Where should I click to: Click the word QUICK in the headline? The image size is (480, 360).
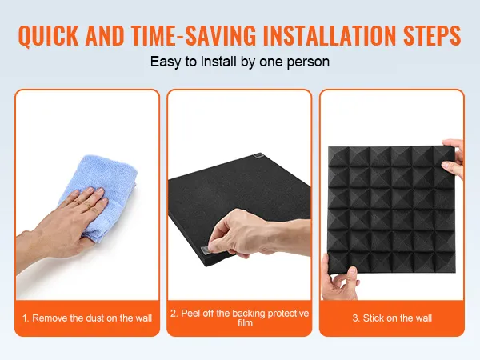click(x=48, y=35)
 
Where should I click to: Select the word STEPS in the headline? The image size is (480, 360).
click(x=432, y=35)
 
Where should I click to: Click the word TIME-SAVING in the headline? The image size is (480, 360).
click(x=193, y=35)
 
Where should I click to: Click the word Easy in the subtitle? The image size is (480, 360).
click(x=166, y=62)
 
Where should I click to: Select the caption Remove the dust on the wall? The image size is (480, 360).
click(x=87, y=318)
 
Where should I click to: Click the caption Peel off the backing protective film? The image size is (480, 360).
click(x=239, y=318)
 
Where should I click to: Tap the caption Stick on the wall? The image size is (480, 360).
click(x=392, y=318)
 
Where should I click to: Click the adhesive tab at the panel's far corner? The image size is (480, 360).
click(x=258, y=155)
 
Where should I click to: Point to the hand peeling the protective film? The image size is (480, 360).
click(x=257, y=234)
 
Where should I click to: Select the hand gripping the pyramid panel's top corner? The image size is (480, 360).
click(x=453, y=158)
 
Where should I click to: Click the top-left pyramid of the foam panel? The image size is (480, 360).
click(x=338, y=157)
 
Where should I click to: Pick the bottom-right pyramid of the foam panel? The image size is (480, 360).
click(x=445, y=262)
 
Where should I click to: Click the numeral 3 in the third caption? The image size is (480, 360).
click(x=354, y=318)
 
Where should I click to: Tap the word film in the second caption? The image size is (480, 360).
click(x=245, y=323)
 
